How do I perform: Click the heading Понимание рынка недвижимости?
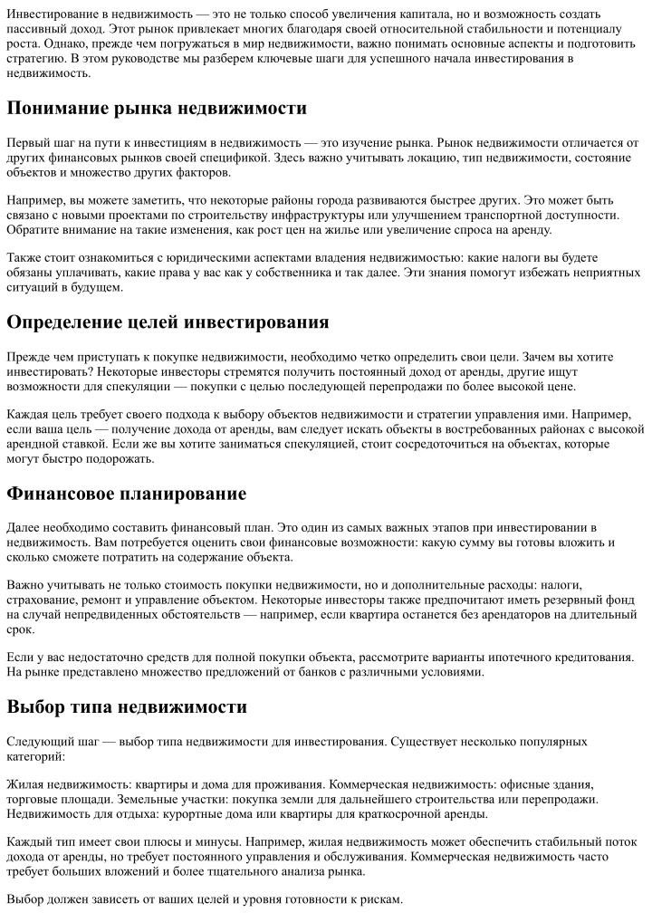(157, 109)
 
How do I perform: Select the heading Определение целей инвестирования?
(168, 322)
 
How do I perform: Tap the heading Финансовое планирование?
(127, 494)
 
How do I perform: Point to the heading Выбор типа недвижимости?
(127, 706)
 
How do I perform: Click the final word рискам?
(380, 899)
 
